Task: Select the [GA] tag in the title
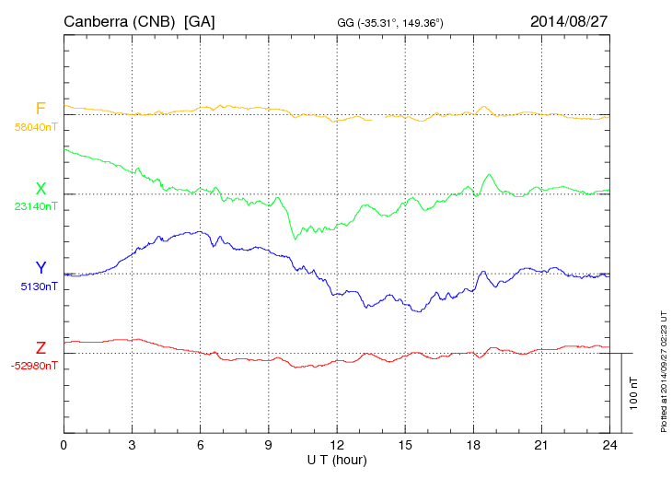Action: coord(200,21)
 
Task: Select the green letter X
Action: coord(41,189)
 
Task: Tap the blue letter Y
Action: coord(41,268)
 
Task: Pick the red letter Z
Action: coord(41,348)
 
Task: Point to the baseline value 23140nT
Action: coord(35,206)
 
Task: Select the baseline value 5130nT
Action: coord(39,286)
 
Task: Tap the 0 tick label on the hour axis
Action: coord(64,445)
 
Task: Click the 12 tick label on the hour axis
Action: coord(337,445)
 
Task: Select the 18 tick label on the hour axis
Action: coord(473,445)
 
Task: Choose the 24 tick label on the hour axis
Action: coord(609,445)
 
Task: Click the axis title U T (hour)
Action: coord(337,459)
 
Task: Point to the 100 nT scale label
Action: coord(633,393)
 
